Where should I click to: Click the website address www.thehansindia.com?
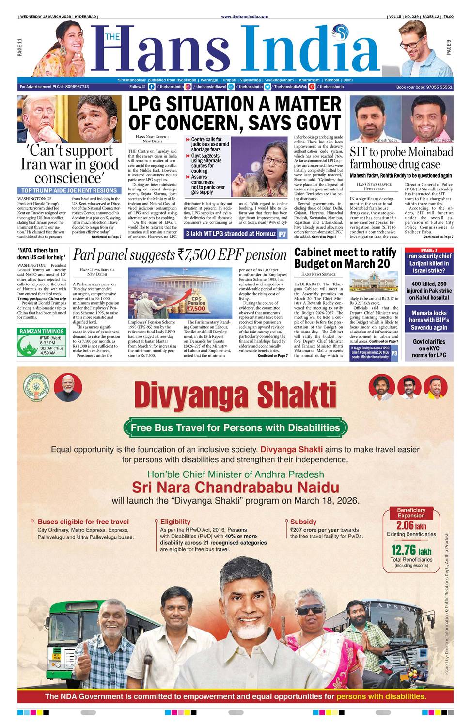click(x=244, y=16)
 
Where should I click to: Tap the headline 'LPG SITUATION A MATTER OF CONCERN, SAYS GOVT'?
click(x=235, y=113)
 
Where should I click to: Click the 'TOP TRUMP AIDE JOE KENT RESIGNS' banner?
click(x=69, y=191)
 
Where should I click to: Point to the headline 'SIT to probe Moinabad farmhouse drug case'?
click(x=401, y=158)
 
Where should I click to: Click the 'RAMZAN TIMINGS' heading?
click(x=41, y=332)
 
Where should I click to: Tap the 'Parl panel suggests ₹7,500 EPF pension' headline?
click(x=180, y=255)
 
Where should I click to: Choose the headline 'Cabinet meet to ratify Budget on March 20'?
click(x=345, y=258)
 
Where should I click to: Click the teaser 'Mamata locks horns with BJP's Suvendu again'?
click(x=429, y=320)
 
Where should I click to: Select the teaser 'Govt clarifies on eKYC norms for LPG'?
click(x=429, y=348)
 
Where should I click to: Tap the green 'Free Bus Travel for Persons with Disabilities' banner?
click(x=235, y=427)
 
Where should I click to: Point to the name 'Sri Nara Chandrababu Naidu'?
click(x=235, y=487)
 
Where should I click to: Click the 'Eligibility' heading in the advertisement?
click(x=175, y=522)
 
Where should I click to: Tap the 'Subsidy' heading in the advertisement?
click(x=303, y=522)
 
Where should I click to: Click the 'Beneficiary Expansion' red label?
click(x=411, y=513)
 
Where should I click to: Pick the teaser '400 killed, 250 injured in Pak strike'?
click(x=429, y=290)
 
